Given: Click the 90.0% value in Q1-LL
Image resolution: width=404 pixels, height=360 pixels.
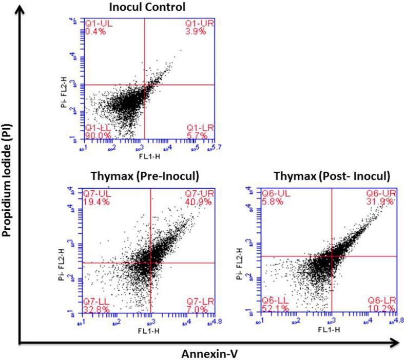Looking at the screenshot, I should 94,135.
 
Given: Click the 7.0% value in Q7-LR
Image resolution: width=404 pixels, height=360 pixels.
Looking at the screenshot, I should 198,310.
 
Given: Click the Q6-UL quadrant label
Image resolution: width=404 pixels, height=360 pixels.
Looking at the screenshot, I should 274,193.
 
